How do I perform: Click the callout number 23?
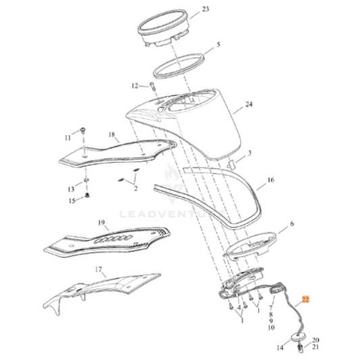coord(205,10)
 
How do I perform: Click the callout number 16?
coord(271,180)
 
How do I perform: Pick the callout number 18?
coord(112,135)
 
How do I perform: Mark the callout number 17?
coord(99,269)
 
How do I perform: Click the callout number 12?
coord(134,86)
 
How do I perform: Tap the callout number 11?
coord(68,138)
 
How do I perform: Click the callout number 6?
coord(292,223)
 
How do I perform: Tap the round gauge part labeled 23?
coord(162,29)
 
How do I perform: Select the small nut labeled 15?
coord(87,196)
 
